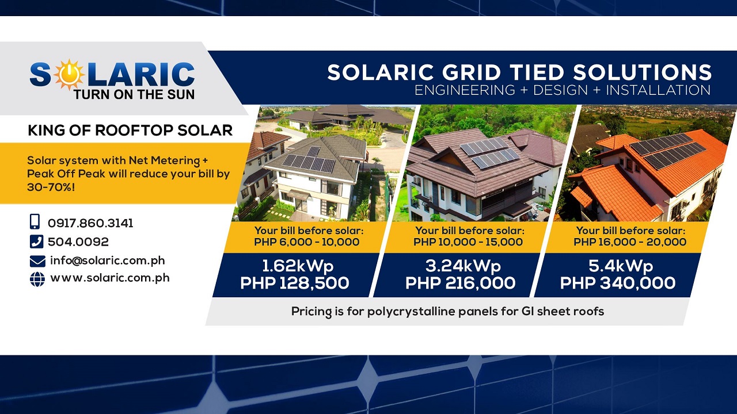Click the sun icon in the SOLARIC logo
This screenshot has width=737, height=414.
[69, 73]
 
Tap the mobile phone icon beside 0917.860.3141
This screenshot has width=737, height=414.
[35, 222]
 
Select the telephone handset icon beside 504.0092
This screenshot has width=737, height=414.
[36, 241]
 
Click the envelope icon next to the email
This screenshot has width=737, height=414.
[37, 261]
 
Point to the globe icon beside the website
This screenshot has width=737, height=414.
[37, 279]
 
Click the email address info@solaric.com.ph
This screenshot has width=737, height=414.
[108, 260]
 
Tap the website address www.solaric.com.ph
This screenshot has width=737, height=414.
[110, 278]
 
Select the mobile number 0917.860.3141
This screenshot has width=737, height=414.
[90, 223]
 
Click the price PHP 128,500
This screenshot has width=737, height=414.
[294, 283]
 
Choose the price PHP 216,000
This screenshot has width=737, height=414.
[460, 283]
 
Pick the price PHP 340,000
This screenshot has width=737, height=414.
[617, 283]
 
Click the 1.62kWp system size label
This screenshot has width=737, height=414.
[298, 266]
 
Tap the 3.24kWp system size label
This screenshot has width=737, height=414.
[463, 266]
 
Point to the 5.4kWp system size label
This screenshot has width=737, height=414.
[620, 266]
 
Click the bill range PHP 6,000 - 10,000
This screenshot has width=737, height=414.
[306, 242]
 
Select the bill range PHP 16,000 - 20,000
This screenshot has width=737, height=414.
[629, 242]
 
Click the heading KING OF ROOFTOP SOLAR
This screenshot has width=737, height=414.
[130, 131]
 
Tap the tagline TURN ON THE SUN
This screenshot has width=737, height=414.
[134, 94]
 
